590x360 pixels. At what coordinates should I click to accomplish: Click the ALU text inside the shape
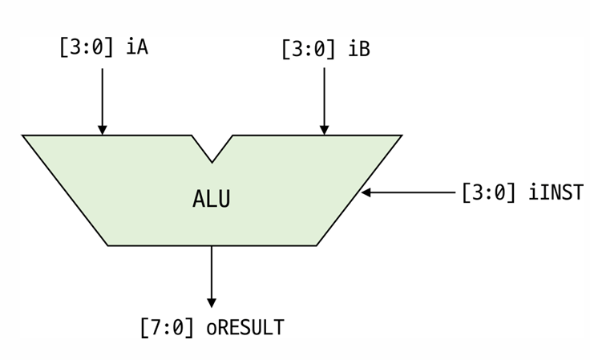[x=212, y=199]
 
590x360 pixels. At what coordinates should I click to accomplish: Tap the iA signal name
[x=137, y=47]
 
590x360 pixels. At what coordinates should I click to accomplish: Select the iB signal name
[x=359, y=49]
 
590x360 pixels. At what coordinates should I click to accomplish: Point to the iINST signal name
[x=556, y=193]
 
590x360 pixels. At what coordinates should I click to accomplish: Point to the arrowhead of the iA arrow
[x=103, y=130]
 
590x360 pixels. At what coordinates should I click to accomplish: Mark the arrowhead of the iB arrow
[x=325, y=130]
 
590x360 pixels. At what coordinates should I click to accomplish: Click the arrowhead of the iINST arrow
[x=366, y=192]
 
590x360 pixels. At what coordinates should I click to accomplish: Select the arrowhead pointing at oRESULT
[x=212, y=302]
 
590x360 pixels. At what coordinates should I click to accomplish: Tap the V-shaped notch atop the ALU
[x=212, y=152]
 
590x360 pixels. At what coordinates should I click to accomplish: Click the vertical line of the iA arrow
[x=103, y=96]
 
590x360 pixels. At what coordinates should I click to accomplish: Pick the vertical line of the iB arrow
[x=325, y=96]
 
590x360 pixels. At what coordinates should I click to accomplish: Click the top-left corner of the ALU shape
[x=24, y=136]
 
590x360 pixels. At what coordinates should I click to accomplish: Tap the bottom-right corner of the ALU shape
[x=316, y=245]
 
